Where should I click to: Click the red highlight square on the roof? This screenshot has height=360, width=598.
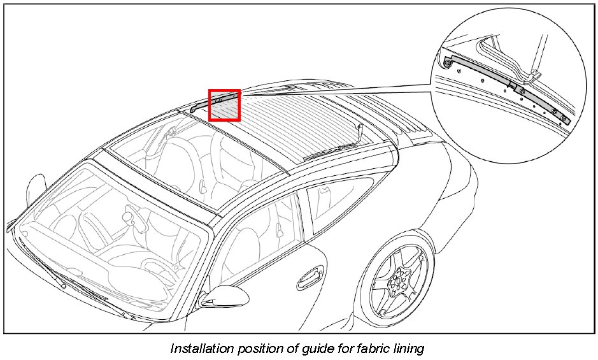pos(224,105)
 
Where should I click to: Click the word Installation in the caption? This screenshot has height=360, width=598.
pos(197,349)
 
